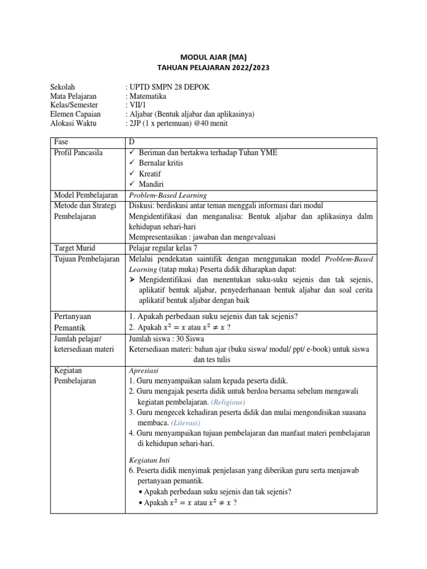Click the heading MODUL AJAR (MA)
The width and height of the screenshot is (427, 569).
(213, 57)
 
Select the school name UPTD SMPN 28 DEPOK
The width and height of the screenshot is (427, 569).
(170, 87)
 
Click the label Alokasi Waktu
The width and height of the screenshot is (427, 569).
(73, 123)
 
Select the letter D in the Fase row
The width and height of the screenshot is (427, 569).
(132, 142)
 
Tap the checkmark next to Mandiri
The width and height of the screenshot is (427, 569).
(132, 184)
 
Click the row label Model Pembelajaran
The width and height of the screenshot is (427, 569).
(86, 195)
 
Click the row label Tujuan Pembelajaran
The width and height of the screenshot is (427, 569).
(87, 259)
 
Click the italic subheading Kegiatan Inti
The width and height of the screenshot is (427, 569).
(149, 460)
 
